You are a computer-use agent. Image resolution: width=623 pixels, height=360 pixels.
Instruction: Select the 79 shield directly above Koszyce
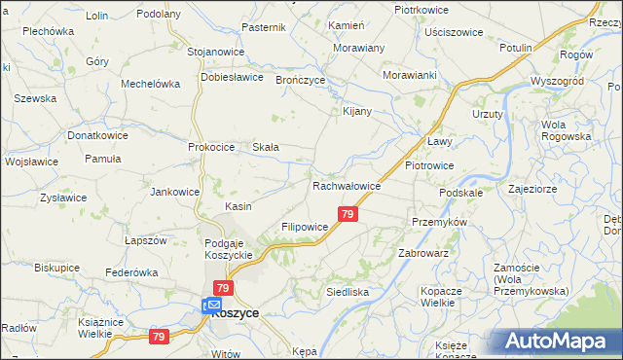point(223,288)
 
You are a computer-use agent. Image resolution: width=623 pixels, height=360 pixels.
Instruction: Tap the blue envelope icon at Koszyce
point(213,306)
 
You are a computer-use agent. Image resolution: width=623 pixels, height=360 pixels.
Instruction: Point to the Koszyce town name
point(235,314)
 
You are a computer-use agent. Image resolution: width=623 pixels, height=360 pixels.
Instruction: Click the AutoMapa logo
point(561,341)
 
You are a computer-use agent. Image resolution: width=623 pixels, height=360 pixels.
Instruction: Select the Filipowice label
point(304,227)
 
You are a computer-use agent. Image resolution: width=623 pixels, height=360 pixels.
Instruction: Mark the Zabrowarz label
point(422,252)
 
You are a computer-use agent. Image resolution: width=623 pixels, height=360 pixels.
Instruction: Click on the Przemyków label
point(440,222)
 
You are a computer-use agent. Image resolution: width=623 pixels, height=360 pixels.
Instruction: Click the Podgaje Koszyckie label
point(229,248)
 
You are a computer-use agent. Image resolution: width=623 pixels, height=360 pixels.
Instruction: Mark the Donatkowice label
point(97,136)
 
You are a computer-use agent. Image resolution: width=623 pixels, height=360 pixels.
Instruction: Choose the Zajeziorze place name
point(531,191)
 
